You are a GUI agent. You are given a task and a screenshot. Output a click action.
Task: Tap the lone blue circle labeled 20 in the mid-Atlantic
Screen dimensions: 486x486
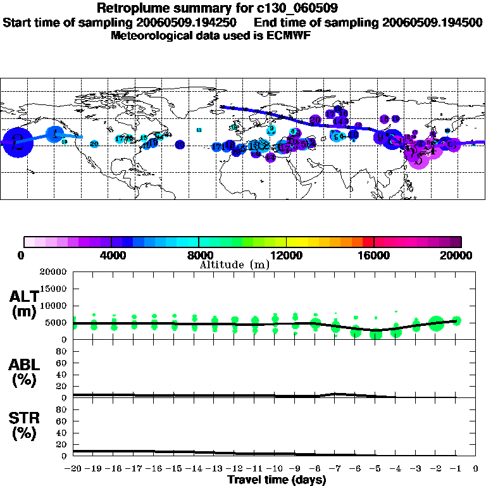tap(180, 144)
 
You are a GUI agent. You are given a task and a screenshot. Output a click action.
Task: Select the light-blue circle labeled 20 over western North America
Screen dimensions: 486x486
tap(94, 144)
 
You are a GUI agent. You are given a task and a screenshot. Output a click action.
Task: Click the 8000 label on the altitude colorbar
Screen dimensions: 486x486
tap(199, 255)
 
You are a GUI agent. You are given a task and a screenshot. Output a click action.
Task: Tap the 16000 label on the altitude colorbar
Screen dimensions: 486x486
tap(374, 255)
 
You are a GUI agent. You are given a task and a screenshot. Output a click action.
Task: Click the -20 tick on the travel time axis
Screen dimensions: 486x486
tap(73, 469)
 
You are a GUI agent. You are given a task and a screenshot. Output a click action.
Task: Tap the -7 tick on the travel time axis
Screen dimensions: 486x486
tap(335, 469)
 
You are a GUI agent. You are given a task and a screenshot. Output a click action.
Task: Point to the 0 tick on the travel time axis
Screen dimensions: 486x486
tap(476, 469)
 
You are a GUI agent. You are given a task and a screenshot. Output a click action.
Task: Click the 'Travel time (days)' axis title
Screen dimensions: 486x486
tap(277, 480)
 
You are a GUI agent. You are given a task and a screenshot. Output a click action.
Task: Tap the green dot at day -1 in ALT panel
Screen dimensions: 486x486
tap(456, 321)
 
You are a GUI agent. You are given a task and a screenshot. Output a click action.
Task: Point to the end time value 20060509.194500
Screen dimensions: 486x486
tap(432, 22)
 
